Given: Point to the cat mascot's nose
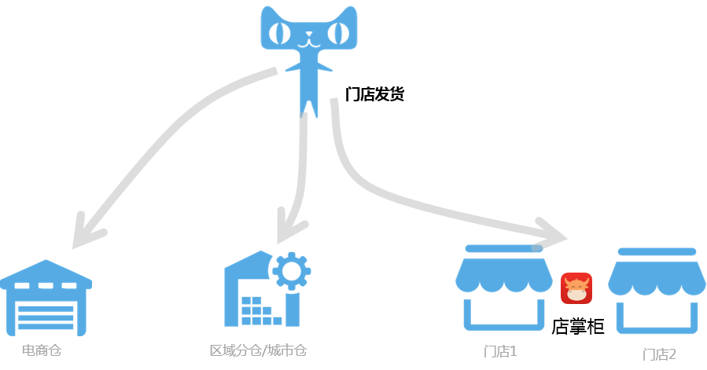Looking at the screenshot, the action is point(309,34).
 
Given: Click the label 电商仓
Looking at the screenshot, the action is point(41,350).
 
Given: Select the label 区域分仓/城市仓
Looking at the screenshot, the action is point(258,350).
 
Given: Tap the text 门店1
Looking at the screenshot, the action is point(500,351).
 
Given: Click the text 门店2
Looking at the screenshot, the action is point(659,354).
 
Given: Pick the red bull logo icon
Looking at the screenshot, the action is point(576,288).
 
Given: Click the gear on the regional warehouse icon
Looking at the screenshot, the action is point(291,270).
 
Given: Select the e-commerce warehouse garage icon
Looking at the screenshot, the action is point(46,299).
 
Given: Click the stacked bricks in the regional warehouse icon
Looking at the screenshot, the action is point(260,311).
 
